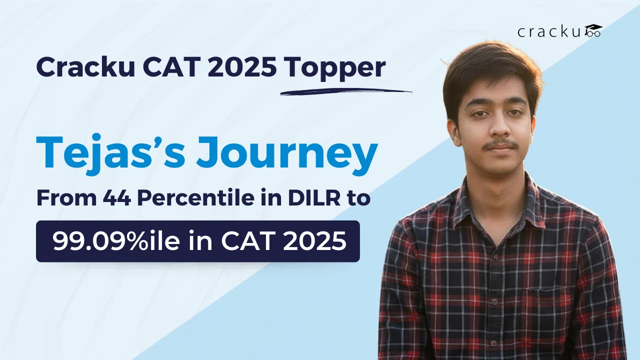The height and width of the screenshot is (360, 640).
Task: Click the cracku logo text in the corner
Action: click(550, 32)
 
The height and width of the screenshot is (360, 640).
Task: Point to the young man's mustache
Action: click(500, 144)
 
